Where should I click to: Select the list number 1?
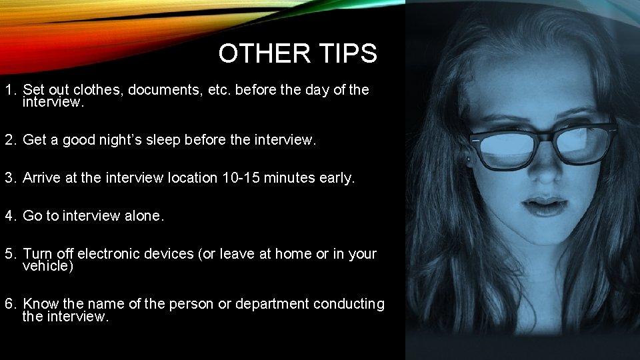tap(9, 90)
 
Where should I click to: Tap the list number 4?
tap(9, 216)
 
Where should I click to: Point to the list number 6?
tap(9, 305)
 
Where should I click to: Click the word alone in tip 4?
tap(143, 216)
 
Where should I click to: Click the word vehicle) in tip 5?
tap(48, 266)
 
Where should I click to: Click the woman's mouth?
tap(545, 203)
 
